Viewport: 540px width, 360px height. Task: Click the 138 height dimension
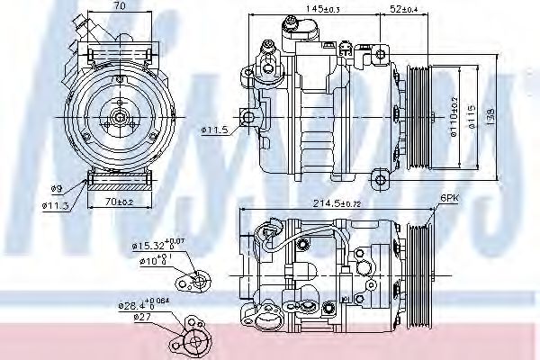490,115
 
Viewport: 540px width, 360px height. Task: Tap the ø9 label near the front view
56,188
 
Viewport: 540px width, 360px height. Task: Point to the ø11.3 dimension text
57,203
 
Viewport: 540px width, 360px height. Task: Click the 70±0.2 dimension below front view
117,203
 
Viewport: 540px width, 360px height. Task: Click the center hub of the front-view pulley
117,115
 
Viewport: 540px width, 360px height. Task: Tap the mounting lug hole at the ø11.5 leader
247,115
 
